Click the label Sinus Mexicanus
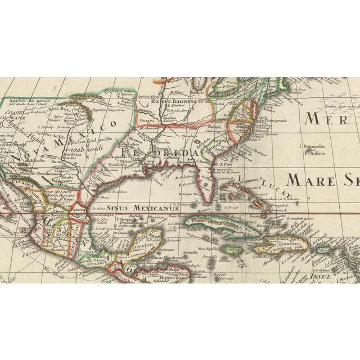click(146, 206)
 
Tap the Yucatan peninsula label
click(138, 245)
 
